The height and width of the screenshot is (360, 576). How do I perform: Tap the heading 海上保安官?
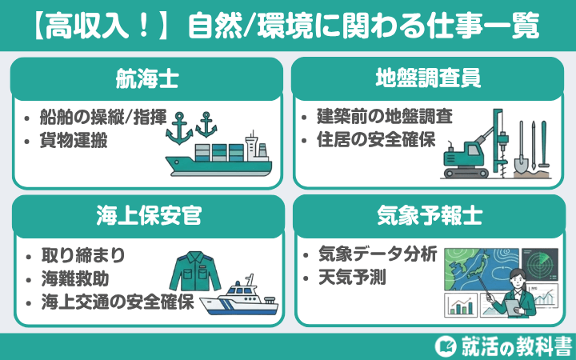(x=146, y=215)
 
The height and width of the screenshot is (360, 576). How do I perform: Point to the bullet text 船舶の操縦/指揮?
(x=104, y=118)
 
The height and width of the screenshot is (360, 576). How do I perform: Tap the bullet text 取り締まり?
(x=83, y=258)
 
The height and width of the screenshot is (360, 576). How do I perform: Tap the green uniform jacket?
(x=194, y=272)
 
